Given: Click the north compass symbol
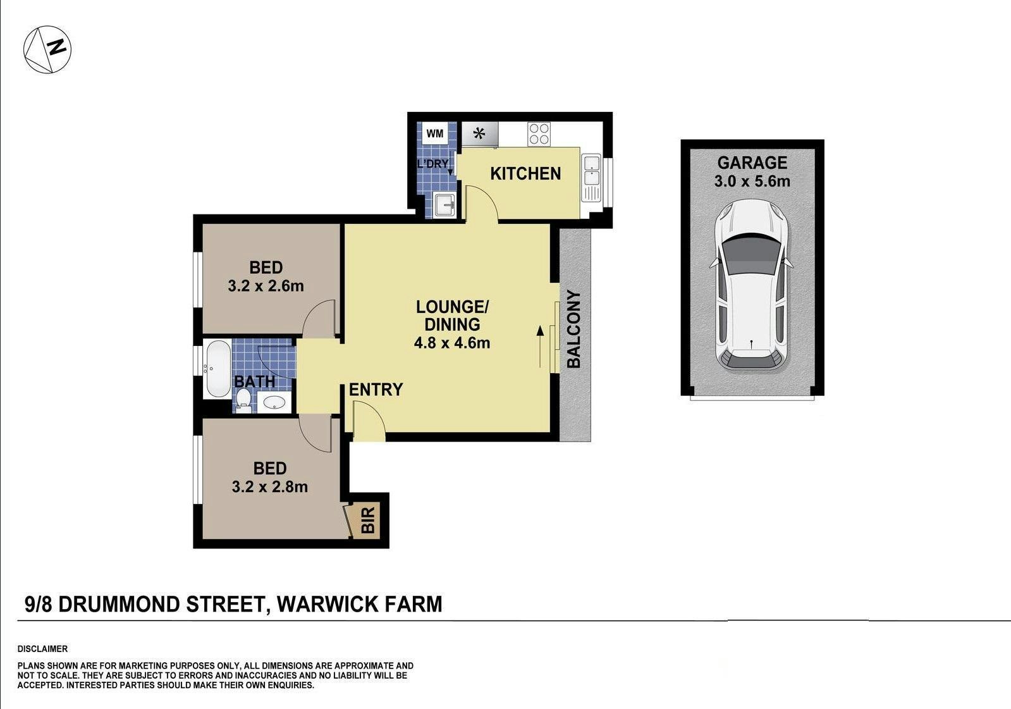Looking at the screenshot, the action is point(47,50).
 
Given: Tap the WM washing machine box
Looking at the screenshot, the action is point(435,133).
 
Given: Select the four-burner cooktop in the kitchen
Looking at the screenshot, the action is point(539,133).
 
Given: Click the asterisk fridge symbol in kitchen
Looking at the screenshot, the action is point(480,133).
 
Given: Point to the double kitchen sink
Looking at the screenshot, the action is point(591,178).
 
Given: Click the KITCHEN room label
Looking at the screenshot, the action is point(525,173).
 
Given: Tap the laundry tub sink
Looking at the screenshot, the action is point(444,205).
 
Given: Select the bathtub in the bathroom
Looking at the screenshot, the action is point(217,369).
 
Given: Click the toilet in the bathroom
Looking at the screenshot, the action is point(243,401).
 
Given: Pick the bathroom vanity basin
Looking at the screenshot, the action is point(274,402).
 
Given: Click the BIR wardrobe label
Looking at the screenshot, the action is point(368,520).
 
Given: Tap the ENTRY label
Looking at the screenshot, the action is point(376,389).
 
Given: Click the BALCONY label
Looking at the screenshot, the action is point(573,330).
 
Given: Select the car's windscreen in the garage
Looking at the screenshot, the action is point(752,256).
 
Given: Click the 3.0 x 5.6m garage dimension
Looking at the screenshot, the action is point(752,182).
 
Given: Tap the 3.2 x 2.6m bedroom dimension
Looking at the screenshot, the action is point(266,286).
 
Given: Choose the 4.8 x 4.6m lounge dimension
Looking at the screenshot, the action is point(452,343).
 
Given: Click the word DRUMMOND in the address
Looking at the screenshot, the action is point(119,604).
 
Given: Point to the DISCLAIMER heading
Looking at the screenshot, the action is point(42,649).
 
